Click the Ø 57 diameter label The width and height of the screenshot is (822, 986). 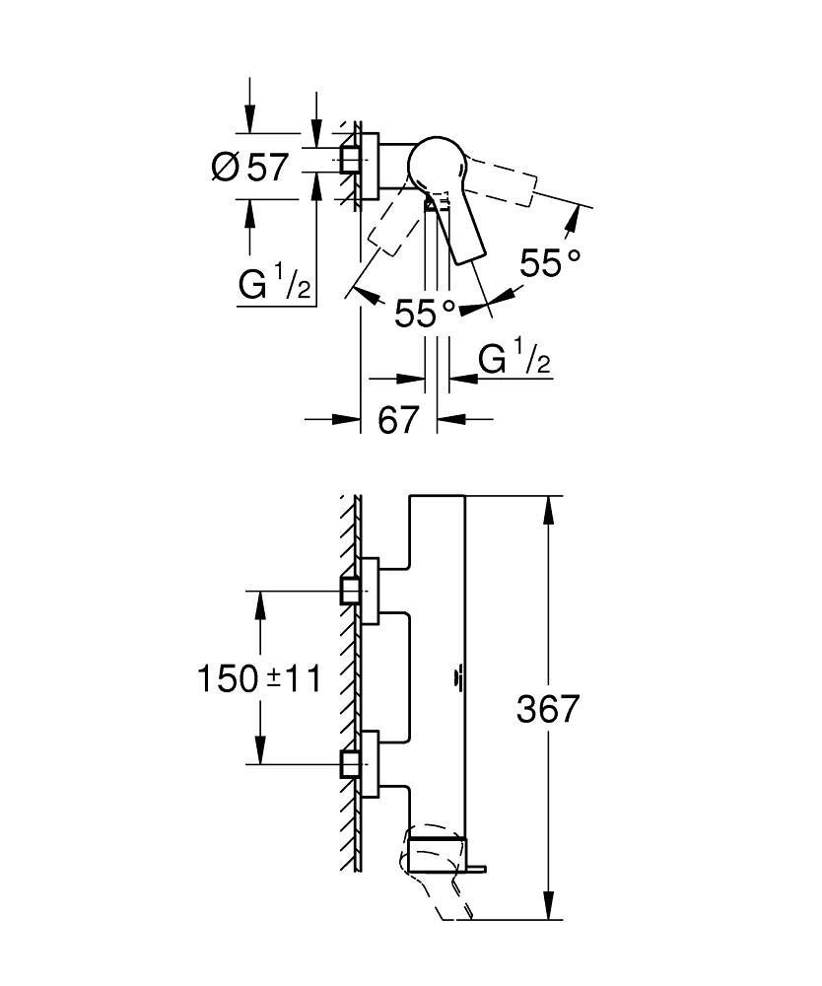(x=250, y=167)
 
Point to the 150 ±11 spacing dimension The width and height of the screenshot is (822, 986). (x=258, y=678)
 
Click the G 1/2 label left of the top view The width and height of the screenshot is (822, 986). (x=275, y=285)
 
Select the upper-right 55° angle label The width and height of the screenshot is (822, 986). (x=550, y=263)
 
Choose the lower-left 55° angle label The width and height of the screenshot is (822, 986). (x=425, y=314)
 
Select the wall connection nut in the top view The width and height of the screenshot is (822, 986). (x=348, y=159)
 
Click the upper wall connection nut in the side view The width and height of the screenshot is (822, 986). (x=348, y=592)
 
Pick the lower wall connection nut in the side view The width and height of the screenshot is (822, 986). (x=348, y=762)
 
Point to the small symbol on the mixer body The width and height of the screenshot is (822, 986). (x=459, y=676)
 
